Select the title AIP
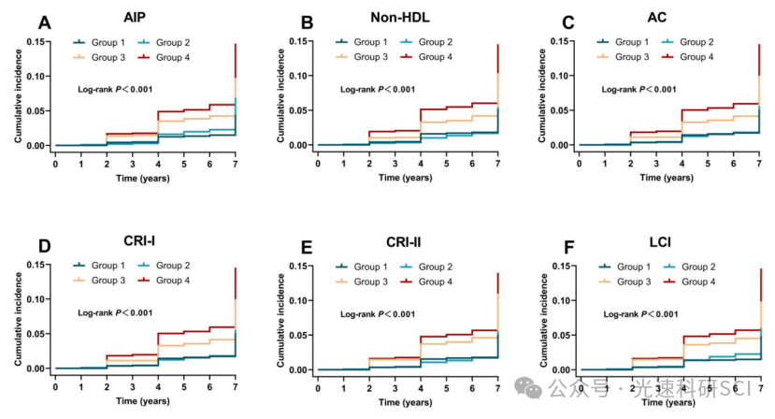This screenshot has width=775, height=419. (x=134, y=17)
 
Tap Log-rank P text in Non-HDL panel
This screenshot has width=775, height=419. (x=377, y=89)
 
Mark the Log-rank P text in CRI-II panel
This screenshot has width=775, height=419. (x=377, y=313)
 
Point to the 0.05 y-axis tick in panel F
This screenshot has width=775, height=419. (x=561, y=335)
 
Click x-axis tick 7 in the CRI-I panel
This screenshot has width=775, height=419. (x=236, y=386)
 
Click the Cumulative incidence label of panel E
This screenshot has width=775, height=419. (x=279, y=318)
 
